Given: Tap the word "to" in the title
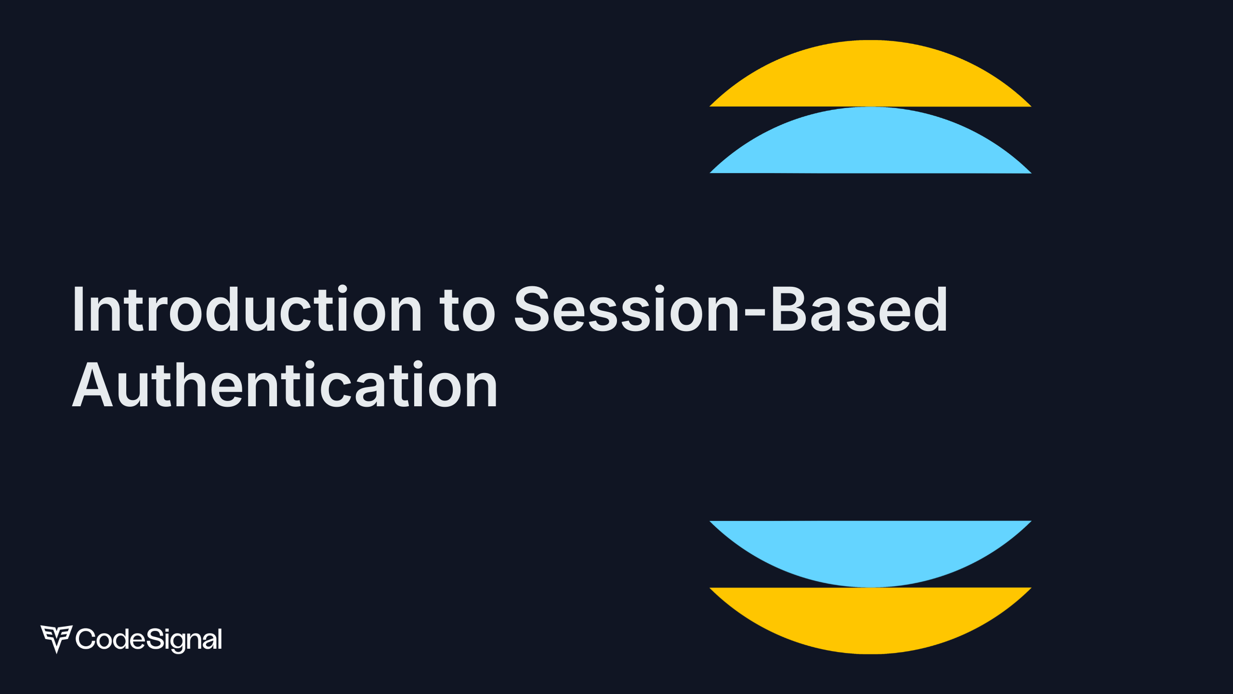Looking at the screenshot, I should (467, 311).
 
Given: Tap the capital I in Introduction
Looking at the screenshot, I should (79, 309).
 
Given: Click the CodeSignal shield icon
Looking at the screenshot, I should (56, 638).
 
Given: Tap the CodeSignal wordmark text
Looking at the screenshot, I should (149, 640).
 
